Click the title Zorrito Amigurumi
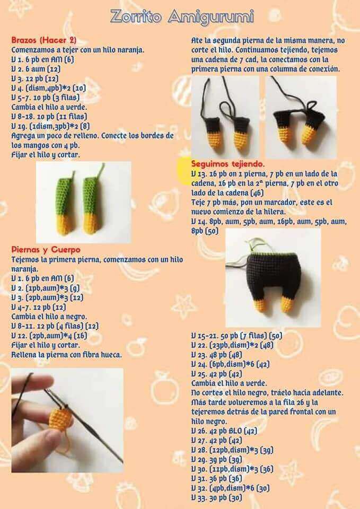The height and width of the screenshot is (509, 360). pyautogui.click(x=182, y=17)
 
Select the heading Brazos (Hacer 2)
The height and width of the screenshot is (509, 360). pyautogui.click(x=44, y=40)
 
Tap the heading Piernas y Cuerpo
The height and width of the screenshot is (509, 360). pyautogui.click(x=46, y=250)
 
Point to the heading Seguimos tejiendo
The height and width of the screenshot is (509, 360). pyautogui.click(x=228, y=163)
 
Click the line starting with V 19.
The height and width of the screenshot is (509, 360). pyautogui.click(x=51, y=126)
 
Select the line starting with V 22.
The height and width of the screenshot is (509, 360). pyautogui.click(x=232, y=345)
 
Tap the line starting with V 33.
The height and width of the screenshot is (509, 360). pyautogui.click(x=216, y=497)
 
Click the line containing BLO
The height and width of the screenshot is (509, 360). pyautogui.click(x=224, y=431)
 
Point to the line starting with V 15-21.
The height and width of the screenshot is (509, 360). pyautogui.click(x=236, y=336)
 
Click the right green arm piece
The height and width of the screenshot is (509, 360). pyautogui.click(x=92, y=201)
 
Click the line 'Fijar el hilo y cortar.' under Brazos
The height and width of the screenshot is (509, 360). pyautogui.click(x=45, y=155)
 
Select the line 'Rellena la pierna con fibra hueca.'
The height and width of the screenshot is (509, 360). pyautogui.click(x=67, y=355)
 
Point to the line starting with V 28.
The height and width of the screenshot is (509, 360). pyautogui.click(x=232, y=450)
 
